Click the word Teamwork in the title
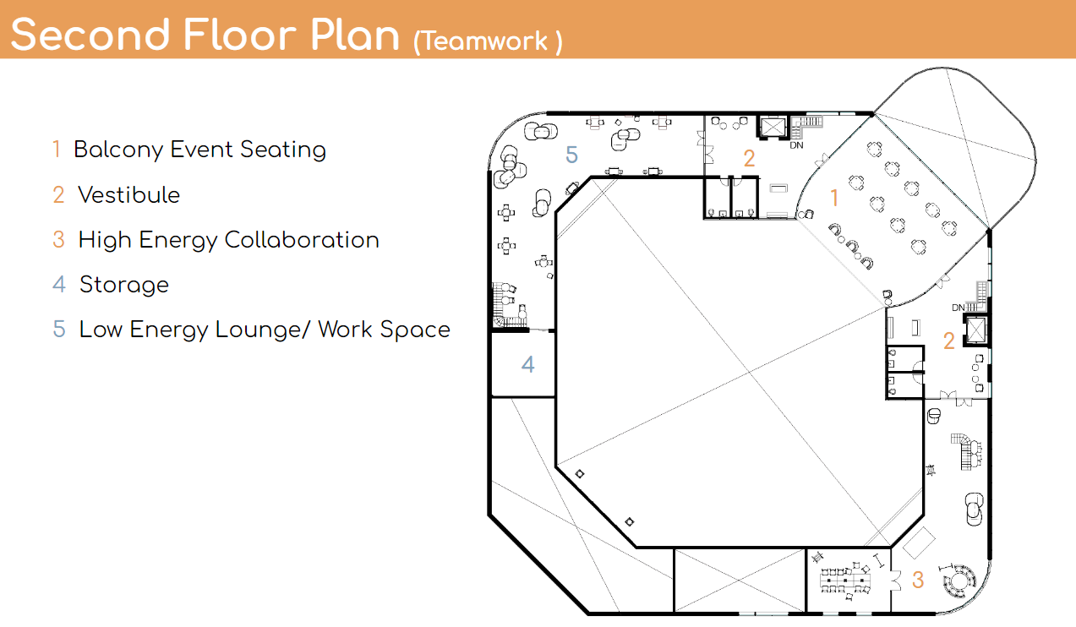(484, 41)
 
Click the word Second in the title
(90, 35)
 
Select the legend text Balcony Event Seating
(199, 150)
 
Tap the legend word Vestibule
(128, 195)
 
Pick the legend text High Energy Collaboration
(229, 240)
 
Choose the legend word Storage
(124, 285)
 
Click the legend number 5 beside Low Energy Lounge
(59, 330)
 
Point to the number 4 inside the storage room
(528, 364)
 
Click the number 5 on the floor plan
(571, 155)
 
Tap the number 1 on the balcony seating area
(834, 198)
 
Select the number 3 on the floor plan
(918, 580)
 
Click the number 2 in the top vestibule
(750, 158)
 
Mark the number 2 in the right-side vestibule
(948, 341)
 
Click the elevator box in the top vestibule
(773, 128)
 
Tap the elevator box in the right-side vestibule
(975, 330)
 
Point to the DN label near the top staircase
(796, 145)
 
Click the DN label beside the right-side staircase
(959, 308)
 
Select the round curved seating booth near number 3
(959, 581)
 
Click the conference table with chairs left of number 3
(845, 581)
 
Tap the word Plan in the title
(354, 35)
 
